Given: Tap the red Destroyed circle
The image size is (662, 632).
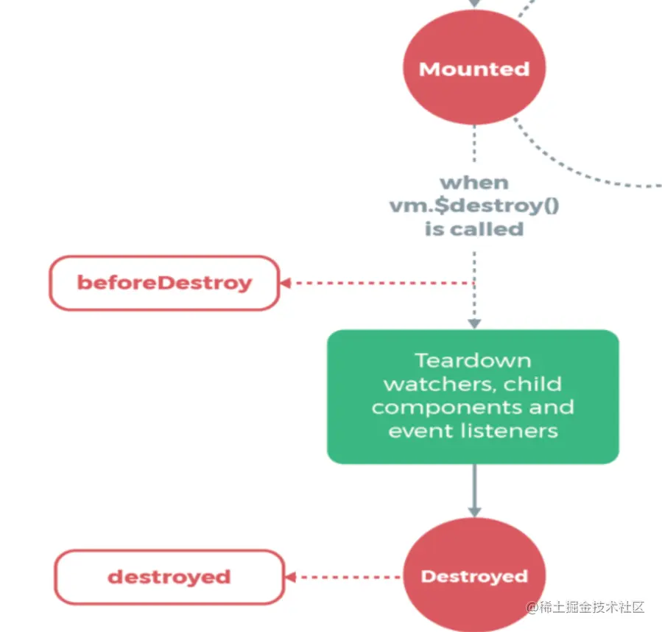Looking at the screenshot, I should pos(474,575).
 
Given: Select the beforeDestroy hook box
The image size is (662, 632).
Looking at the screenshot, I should pos(164,282).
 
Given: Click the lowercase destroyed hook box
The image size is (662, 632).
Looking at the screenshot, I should pos(169,576).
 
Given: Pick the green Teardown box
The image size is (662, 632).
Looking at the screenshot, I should pos(473,396).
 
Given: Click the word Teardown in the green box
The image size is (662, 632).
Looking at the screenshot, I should pos(473,360).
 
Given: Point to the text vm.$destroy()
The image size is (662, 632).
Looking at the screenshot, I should pos(474,206).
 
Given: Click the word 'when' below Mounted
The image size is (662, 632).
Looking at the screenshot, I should pos(474,182).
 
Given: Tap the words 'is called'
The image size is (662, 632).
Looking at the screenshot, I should pos(474,229).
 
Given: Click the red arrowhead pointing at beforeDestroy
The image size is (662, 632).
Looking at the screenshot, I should pos(285,283).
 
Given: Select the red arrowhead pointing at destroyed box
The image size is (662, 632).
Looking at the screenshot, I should pos(291,577).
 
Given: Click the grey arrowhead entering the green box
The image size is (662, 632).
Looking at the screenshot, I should pos(474,323).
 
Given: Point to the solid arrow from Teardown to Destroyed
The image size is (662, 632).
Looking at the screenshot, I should pos(474,490).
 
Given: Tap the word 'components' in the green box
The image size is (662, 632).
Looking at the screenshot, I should pos(430,407).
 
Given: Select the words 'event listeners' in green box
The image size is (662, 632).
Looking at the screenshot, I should pos(473,431).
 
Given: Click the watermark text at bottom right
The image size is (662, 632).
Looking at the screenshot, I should pos(585,607).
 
